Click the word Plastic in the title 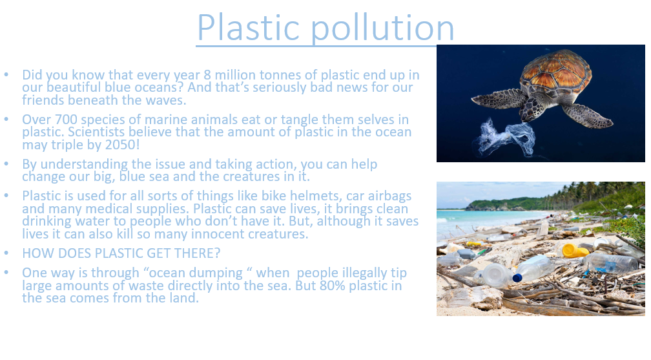click(248, 27)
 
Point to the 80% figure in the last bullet click(332, 286)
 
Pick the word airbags click(388, 196)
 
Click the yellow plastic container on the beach click(574, 251)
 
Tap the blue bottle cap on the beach click(517, 278)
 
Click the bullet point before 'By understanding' click(6, 164)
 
